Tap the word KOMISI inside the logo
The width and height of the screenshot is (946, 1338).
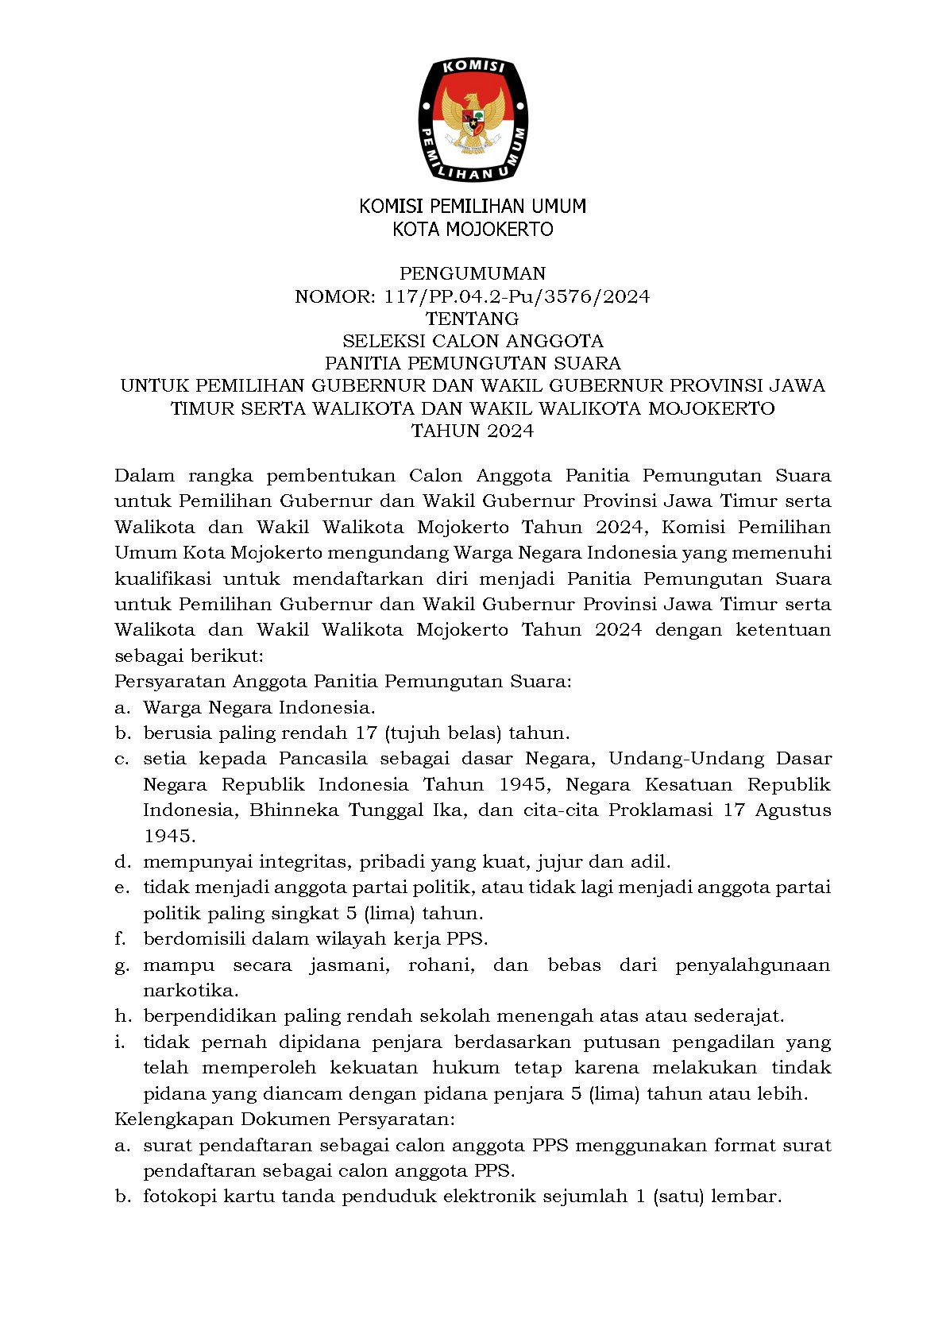tap(473, 68)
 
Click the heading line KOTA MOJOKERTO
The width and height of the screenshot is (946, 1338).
tap(473, 230)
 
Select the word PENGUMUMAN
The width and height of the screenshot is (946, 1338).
tap(473, 274)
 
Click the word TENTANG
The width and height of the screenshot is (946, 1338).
tap(473, 319)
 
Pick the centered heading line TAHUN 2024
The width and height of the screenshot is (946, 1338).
tap(473, 431)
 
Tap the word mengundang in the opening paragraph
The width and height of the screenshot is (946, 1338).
tap(388, 553)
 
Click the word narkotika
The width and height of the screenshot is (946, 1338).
tap(190, 991)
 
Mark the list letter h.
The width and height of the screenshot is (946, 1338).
tap(122, 1016)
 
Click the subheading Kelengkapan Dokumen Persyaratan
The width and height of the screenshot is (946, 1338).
tap(284, 1120)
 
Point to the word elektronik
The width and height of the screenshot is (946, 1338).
tap(488, 1197)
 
